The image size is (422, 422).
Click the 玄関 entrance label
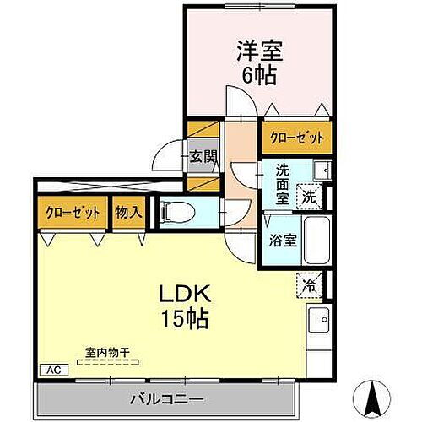pyautogui.click(x=203, y=156)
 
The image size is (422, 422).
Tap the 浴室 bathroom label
pyautogui.click(x=282, y=240)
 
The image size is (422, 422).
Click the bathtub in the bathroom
pyautogui.click(x=316, y=240)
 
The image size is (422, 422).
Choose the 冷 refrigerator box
pyautogui.click(x=311, y=285)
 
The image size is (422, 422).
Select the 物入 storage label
pyautogui.click(x=127, y=212)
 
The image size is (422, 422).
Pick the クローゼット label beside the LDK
pyautogui.click(x=72, y=212)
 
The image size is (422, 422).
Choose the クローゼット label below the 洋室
pyautogui.click(x=295, y=136)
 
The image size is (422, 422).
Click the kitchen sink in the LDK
pyautogui.click(x=319, y=322)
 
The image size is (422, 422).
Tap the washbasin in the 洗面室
pyautogui.click(x=321, y=170)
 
